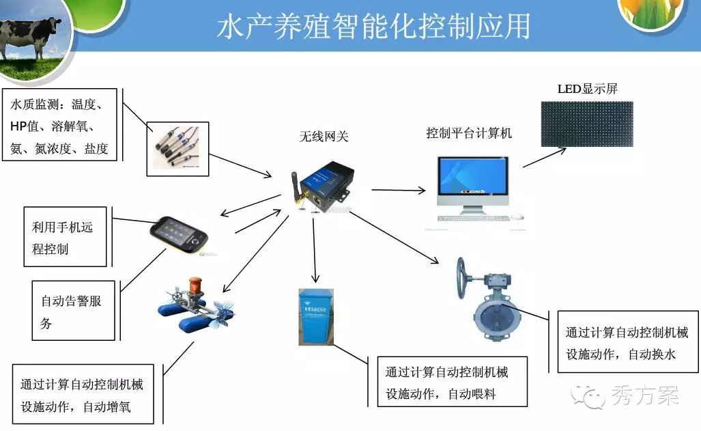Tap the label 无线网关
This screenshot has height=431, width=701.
click(324, 136)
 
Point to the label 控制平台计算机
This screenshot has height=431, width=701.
click(468, 133)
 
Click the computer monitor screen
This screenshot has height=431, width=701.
click(473, 178)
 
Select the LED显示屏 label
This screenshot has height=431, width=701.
click(588, 89)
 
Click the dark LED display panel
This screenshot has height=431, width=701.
click(587, 124)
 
